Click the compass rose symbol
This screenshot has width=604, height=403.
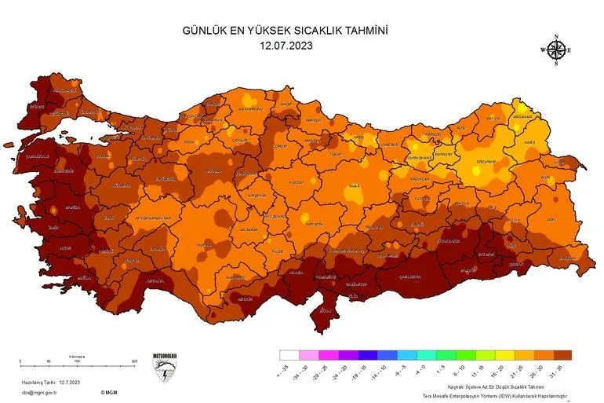pyautogui.click(x=556, y=50)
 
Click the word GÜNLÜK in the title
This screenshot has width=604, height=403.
pyautogui.click(x=205, y=31)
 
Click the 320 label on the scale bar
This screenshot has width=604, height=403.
pyautogui.click(x=134, y=361)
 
